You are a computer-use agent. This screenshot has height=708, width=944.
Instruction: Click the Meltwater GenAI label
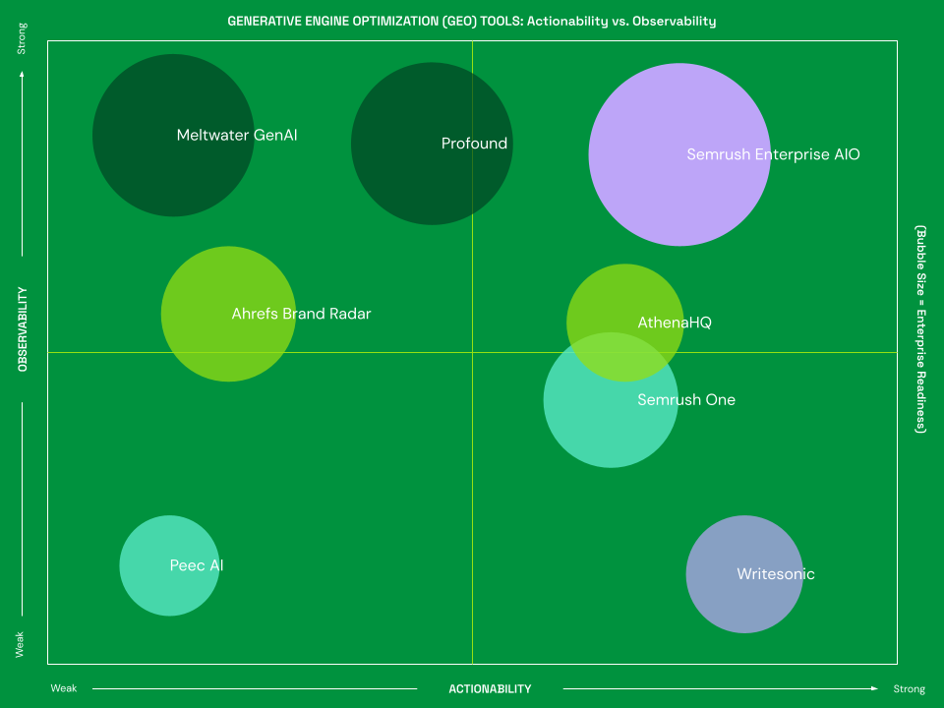[236, 135]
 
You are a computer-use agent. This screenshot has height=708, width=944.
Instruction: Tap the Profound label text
[474, 144]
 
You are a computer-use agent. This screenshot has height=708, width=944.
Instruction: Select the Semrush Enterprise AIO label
[773, 154]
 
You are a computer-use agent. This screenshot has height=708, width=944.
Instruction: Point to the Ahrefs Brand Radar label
[301, 314]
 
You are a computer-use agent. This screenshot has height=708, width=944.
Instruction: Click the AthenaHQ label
[674, 323]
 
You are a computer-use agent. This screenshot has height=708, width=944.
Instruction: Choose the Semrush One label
[685, 399]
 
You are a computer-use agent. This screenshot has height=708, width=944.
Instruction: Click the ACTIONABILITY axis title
[490, 689]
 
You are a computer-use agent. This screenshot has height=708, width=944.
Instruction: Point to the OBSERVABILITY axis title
[23, 328]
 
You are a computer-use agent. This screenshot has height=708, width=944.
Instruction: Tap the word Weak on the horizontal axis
[64, 689]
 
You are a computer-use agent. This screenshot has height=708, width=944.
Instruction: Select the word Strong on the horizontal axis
[909, 689]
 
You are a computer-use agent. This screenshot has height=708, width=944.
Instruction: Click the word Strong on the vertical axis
[23, 45]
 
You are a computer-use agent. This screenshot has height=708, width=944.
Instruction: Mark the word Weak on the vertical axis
[21, 644]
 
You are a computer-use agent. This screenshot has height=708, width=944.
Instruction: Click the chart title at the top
[472, 21]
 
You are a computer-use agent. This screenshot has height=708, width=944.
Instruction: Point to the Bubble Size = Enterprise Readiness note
[920, 328]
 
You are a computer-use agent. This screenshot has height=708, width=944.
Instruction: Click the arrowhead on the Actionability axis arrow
[875, 688]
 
